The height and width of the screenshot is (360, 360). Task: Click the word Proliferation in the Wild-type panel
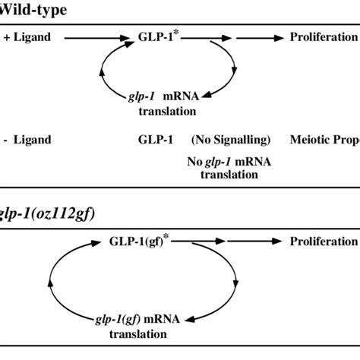323,36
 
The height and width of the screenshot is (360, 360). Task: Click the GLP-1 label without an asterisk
152,140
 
